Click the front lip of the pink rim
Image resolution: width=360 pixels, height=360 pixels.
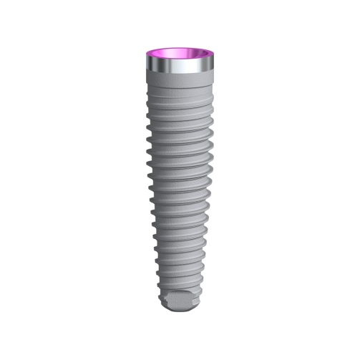coord(180,62)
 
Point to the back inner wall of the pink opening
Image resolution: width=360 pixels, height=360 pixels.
coord(180,50)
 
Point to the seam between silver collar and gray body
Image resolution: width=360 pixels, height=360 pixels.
coord(180,77)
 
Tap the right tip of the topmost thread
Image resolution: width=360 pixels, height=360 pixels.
coord(213,96)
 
